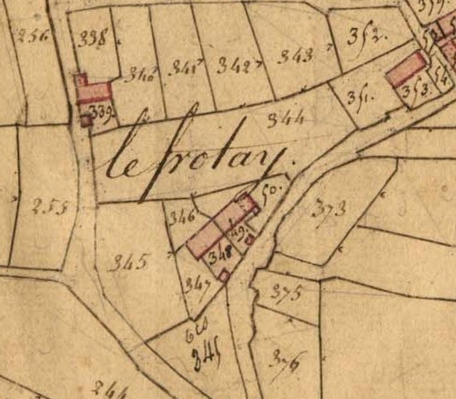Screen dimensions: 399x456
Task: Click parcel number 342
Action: tap(234, 64)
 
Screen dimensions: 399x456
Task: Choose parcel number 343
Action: tap(295, 55)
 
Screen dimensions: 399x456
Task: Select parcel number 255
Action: tap(51, 207)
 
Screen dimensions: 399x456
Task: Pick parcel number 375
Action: tap(285, 292)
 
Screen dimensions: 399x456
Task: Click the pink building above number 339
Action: tap(94, 93)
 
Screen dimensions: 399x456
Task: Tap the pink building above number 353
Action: tap(408, 69)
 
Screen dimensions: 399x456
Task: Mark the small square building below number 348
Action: tap(224, 274)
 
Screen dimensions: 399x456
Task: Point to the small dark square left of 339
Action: tap(86, 120)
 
